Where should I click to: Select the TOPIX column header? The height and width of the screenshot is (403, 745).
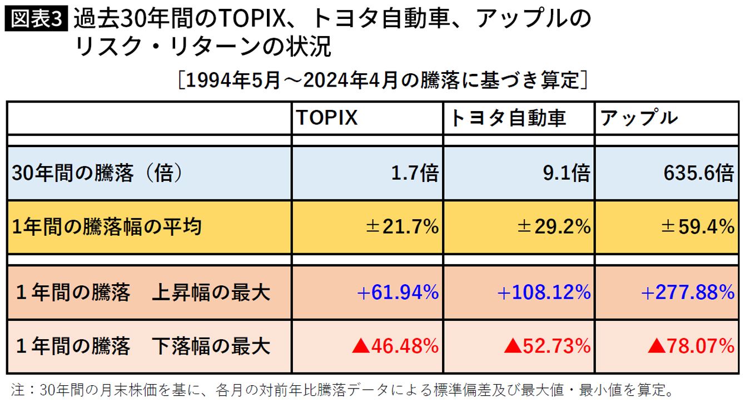(x=326, y=118)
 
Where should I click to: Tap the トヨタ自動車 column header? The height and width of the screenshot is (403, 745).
(x=508, y=118)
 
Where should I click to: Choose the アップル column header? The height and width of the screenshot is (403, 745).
(x=639, y=118)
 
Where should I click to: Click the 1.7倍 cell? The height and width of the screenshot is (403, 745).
(x=415, y=174)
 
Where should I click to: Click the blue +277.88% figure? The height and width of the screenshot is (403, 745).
(x=688, y=292)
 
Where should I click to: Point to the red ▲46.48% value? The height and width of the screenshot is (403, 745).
(x=395, y=346)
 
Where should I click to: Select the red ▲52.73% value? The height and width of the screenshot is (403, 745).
(x=547, y=346)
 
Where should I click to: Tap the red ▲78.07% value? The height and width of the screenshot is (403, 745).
(x=691, y=346)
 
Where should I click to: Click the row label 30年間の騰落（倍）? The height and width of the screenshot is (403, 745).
(x=97, y=174)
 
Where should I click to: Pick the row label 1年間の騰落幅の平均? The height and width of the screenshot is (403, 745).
(x=106, y=226)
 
